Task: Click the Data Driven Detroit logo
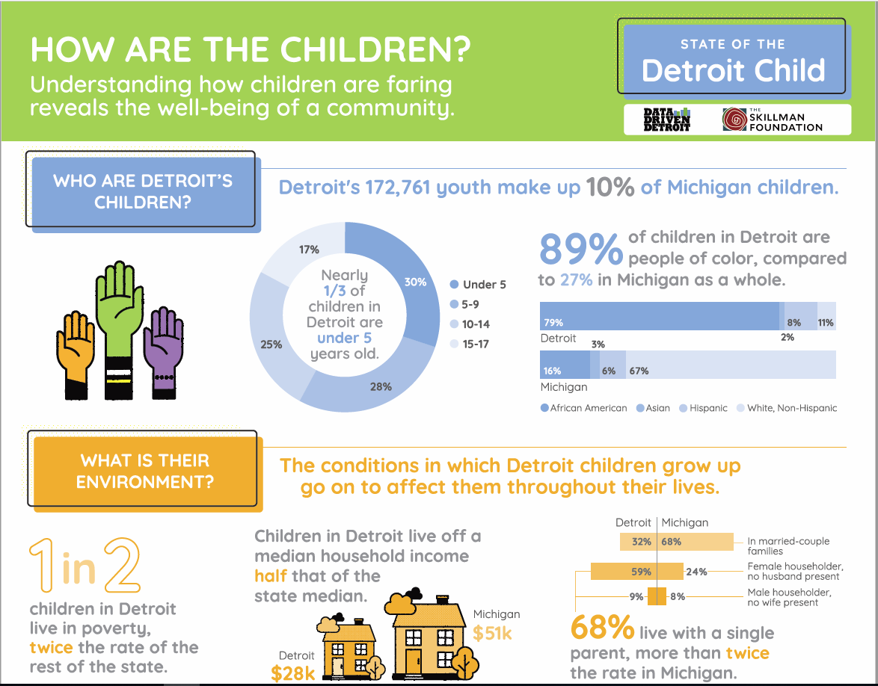click(666, 120)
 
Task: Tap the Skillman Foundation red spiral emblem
click(734, 120)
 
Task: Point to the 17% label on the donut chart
click(309, 250)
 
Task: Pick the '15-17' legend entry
click(475, 344)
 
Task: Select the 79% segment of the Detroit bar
click(658, 317)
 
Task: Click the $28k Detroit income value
click(293, 673)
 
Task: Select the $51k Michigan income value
click(492, 633)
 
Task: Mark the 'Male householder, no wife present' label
click(788, 597)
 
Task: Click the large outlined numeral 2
click(122, 566)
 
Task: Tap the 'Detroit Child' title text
click(733, 70)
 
